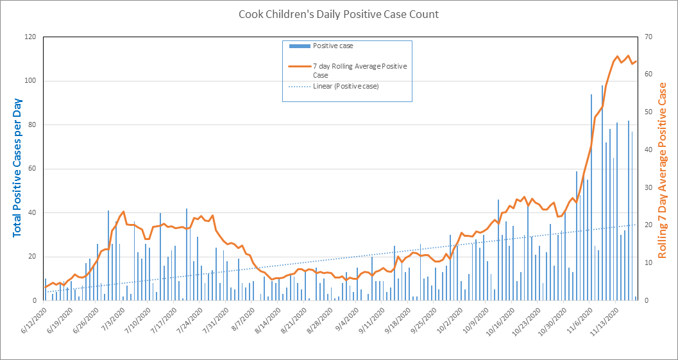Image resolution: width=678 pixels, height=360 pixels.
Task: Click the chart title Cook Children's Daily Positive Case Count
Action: coord(339,14)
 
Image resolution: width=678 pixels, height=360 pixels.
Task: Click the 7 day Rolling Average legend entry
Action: coord(359,71)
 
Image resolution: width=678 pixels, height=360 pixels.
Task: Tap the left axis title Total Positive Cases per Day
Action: coord(17,168)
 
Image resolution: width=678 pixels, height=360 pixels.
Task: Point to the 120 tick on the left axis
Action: coord(30,37)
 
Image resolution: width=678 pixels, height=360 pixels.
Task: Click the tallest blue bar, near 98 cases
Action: coord(602,193)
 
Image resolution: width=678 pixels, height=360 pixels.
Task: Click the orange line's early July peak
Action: coord(123,212)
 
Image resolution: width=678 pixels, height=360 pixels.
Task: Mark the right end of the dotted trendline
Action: coord(636,224)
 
